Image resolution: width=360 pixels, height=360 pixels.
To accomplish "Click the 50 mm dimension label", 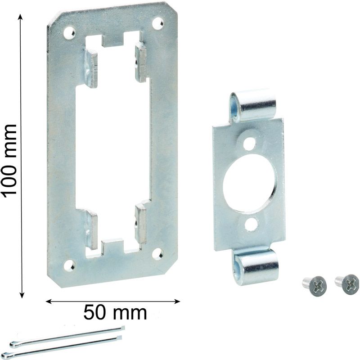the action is (x=115, y=313).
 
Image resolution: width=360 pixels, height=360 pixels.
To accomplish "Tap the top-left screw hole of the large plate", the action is (x=70, y=32).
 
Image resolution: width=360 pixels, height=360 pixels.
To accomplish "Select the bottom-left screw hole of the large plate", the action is (x=69, y=265).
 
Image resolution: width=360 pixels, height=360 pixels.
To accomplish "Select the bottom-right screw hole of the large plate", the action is (x=157, y=254).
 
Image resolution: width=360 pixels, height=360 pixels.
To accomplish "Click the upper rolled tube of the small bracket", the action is (x=253, y=105).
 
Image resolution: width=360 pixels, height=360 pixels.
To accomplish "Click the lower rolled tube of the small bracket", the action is (x=256, y=267).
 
